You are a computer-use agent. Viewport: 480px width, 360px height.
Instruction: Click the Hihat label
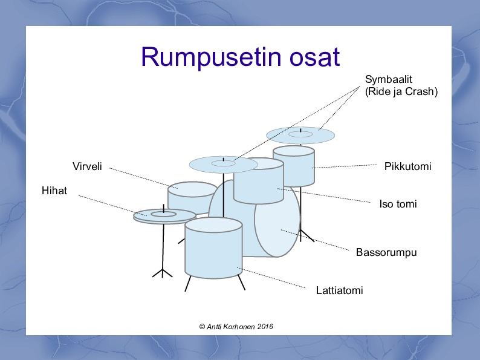(x=54, y=191)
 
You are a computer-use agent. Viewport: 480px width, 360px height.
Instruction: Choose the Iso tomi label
(x=398, y=204)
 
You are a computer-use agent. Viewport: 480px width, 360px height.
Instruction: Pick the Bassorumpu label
(x=386, y=252)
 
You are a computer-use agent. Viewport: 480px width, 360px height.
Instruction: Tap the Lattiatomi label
(x=339, y=291)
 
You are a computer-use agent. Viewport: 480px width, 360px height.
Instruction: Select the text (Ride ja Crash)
(x=401, y=91)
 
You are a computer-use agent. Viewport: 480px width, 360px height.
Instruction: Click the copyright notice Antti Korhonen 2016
(x=236, y=326)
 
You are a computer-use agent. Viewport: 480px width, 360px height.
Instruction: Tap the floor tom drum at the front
(x=213, y=251)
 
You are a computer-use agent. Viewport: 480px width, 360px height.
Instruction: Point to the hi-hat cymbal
(x=164, y=215)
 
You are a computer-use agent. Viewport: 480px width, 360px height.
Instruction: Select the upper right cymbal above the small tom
(x=300, y=135)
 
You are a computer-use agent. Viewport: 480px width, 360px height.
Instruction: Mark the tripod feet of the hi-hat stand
(x=163, y=272)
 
